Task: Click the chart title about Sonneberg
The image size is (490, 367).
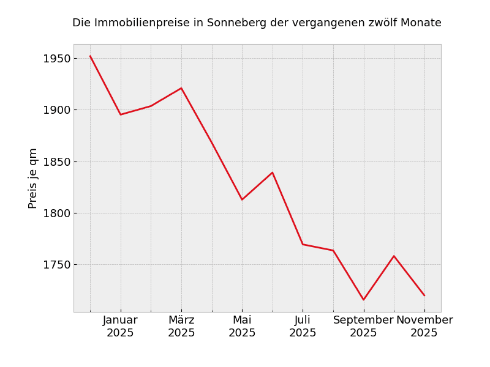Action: pos(257,23)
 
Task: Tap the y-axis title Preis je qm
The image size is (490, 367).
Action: pos(33,178)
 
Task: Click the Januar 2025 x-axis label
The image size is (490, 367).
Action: pos(121,327)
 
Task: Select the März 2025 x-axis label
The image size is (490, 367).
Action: pos(181,327)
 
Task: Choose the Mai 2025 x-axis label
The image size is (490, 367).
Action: pos(242,327)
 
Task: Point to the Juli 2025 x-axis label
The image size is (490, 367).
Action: pos(303,327)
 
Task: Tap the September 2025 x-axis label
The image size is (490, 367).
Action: pos(363,327)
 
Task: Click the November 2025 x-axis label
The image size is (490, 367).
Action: pos(424,327)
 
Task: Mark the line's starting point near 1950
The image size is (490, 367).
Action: pos(90,56)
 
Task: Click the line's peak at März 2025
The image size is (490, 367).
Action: pos(181,88)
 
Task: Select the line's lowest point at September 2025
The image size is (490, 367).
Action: pos(363,300)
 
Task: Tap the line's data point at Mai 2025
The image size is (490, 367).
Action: pos(242,199)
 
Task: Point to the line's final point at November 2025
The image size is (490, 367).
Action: pos(424,295)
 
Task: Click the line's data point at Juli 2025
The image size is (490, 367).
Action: pos(303,244)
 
